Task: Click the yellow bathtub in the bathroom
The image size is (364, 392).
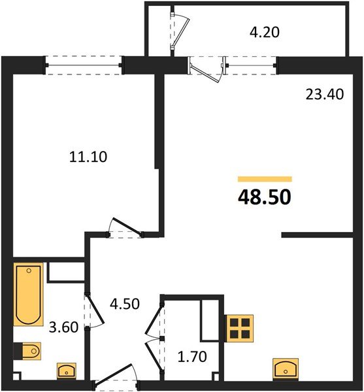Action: (29, 294)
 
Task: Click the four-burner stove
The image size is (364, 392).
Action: (240, 327)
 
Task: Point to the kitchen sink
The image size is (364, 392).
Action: (286, 369)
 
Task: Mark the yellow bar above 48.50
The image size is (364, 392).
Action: (264, 178)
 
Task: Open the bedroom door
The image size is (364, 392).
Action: (124, 229)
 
